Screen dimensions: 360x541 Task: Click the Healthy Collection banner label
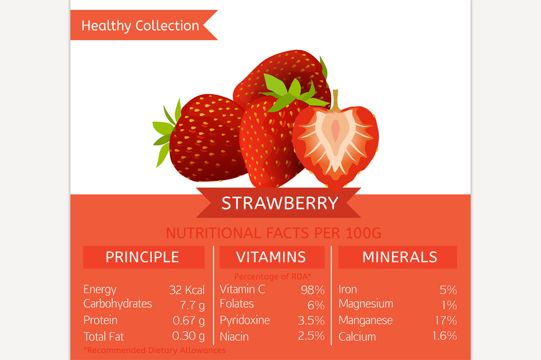(140, 26)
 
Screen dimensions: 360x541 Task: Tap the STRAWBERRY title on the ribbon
(280, 203)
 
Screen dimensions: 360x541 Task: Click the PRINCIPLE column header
(142, 257)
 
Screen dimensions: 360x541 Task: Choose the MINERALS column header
(400, 257)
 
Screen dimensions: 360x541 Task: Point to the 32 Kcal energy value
(187, 290)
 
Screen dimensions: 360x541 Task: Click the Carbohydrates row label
(118, 304)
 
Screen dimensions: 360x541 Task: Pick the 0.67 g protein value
(188, 321)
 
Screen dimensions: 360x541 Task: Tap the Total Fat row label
(104, 337)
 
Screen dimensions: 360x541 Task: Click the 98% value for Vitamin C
(312, 290)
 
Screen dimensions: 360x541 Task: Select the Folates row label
(237, 304)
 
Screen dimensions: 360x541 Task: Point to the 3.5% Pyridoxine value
(311, 321)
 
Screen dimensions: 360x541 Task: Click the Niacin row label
(234, 337)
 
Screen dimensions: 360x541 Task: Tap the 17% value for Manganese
(445, 321)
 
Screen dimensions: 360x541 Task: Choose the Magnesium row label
(366, 304)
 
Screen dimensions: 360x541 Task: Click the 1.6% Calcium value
(444, 336)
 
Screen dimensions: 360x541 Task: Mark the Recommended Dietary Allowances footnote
(154, 350)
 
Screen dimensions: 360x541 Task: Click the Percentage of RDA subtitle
(272, 277)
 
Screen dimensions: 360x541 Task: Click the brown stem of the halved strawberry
(335, 98)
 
